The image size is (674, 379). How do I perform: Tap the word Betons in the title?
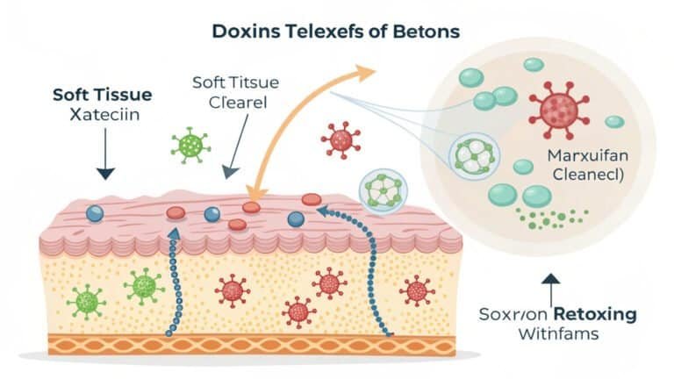pos(426,32)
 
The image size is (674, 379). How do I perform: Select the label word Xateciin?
pos(104,115)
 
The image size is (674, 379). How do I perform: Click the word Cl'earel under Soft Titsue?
pos(238,103)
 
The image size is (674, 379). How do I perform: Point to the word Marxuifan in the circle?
pos(588,155)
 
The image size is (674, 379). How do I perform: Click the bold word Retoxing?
pos(595,314)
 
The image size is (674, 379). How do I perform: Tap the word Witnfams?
pos(558,334)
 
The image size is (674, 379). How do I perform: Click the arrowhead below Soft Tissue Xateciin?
pos(105,173)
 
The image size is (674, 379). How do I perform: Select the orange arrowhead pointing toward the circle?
pos(365,72)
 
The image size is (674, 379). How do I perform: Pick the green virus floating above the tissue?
pos(190,146)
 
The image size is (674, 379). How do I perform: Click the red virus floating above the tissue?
pos(341,139)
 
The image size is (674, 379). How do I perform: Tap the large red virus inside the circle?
pos(559,109)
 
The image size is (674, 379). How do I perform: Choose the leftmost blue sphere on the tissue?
pos(95,213)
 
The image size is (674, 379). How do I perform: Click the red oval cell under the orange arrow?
pos(252,208)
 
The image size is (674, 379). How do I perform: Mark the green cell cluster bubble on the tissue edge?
pos(383,190)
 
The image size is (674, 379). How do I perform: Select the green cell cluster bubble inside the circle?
pos(474,155)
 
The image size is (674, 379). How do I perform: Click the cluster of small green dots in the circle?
pos(552,218)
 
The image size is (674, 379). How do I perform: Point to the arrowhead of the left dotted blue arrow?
pos(174,233)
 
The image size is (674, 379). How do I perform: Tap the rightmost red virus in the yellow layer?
pos(416,291)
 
